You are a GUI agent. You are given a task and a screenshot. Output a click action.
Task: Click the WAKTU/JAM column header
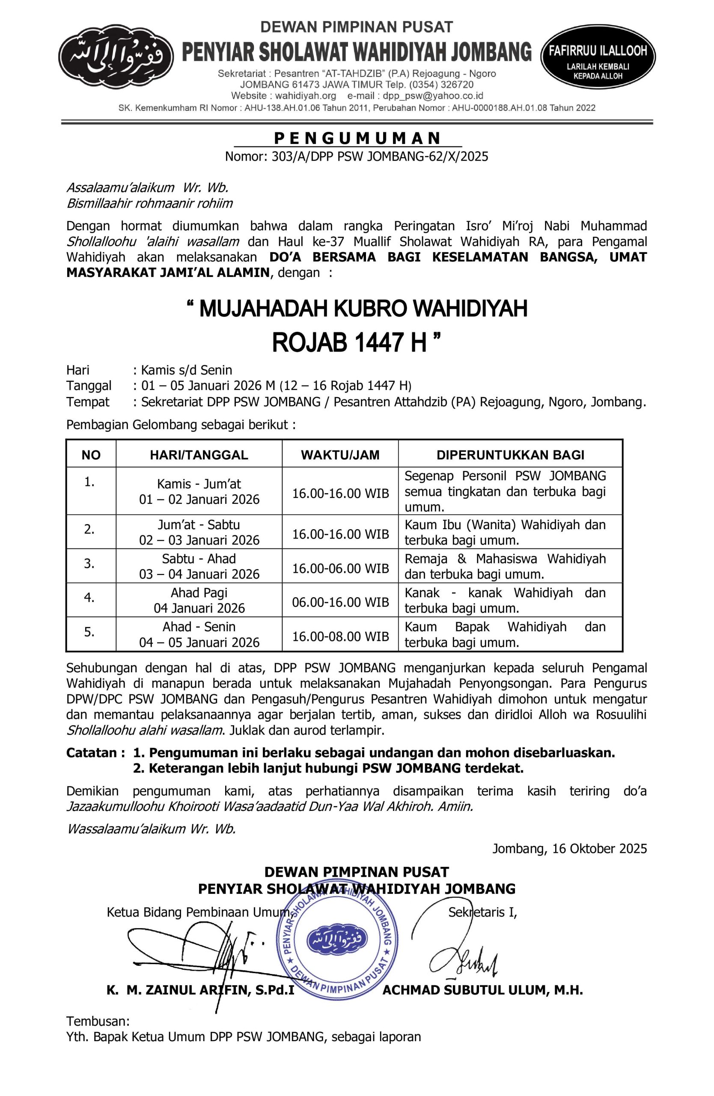point(340,455)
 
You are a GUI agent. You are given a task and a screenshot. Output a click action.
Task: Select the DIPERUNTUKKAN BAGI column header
point(510,455)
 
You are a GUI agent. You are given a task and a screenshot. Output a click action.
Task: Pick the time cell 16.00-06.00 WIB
point(340,568)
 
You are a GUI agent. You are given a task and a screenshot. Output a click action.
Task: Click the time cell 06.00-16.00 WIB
point(340,602)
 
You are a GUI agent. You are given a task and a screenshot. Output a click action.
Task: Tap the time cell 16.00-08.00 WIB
point(340,637)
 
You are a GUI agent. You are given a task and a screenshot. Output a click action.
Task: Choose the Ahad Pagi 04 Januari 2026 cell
point(199,601)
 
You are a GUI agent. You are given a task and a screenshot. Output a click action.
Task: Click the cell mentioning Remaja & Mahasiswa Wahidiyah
point(505,566)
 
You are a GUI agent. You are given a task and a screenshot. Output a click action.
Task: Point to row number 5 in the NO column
point(90,632)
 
